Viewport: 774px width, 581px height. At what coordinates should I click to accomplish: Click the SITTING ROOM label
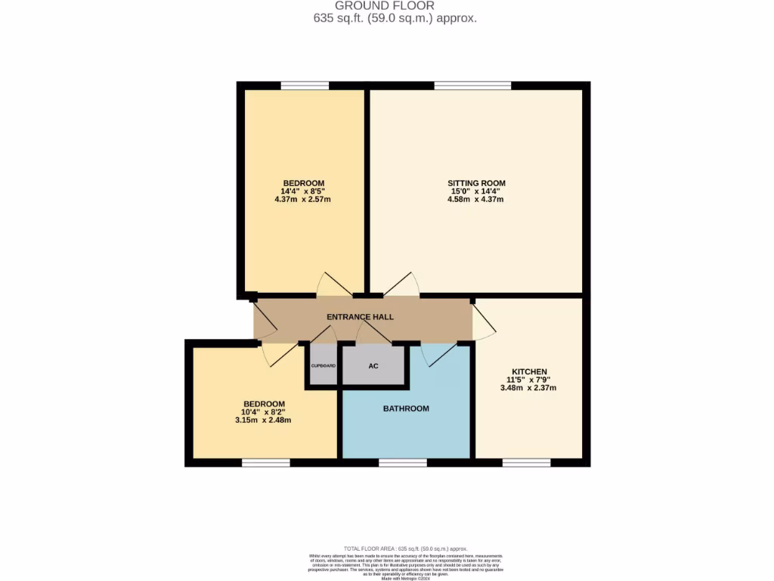[476, 183]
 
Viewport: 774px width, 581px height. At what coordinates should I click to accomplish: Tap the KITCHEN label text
[528, 371]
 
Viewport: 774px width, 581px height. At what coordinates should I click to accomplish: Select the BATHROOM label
[406, 409]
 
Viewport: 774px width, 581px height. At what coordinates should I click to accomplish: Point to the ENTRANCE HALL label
[360, 317]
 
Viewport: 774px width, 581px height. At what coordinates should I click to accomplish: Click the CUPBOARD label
[324, 365]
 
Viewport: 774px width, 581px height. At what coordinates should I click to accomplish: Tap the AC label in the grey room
[373, 366]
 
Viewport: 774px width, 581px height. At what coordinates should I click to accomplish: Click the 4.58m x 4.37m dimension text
[476, 200]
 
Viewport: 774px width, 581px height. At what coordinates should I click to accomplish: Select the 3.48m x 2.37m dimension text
[528, 388]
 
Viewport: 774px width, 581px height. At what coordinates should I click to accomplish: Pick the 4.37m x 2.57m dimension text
[303, 200]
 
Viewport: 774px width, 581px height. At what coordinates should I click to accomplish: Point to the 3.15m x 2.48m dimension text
[264, 420]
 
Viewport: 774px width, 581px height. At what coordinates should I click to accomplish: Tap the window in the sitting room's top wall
[472, 85]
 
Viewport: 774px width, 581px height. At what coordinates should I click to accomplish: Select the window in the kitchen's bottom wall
[526, 461]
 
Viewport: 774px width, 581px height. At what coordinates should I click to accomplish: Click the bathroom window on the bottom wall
[402, 461]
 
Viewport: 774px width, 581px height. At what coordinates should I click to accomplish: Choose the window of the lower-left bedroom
[265, 461]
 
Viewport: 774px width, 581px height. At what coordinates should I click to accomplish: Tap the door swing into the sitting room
[403, 284]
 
